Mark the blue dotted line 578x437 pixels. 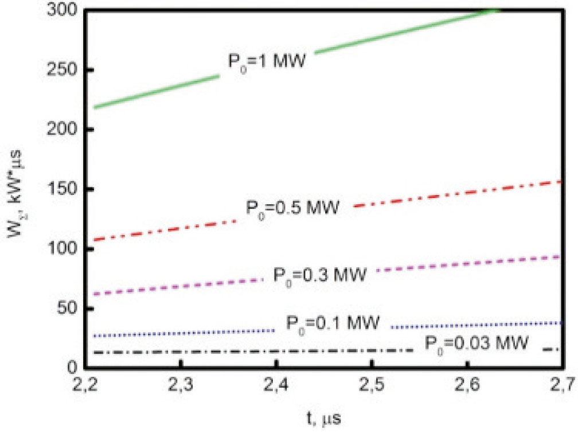click(x=172, y=333)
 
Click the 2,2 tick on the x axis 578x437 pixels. click(x=84, y=388)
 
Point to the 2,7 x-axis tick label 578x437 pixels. click(x=563, y=388)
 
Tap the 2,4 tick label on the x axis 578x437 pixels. click(x=276, y=388)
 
